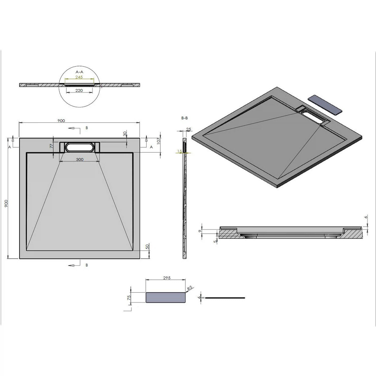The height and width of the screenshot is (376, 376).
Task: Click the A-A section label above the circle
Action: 79,72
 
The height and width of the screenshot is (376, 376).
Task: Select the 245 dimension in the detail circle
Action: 79,77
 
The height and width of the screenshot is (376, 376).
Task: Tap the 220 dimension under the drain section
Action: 79,90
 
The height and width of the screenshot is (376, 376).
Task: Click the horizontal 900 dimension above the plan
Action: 61,121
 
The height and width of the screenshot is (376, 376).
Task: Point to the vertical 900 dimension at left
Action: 7,203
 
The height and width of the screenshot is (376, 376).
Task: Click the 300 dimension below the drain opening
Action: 80,159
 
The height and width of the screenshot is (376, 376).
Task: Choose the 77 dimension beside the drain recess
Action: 52,146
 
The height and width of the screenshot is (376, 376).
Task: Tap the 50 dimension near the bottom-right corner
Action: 147,247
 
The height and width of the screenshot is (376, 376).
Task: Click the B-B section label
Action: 184,118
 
